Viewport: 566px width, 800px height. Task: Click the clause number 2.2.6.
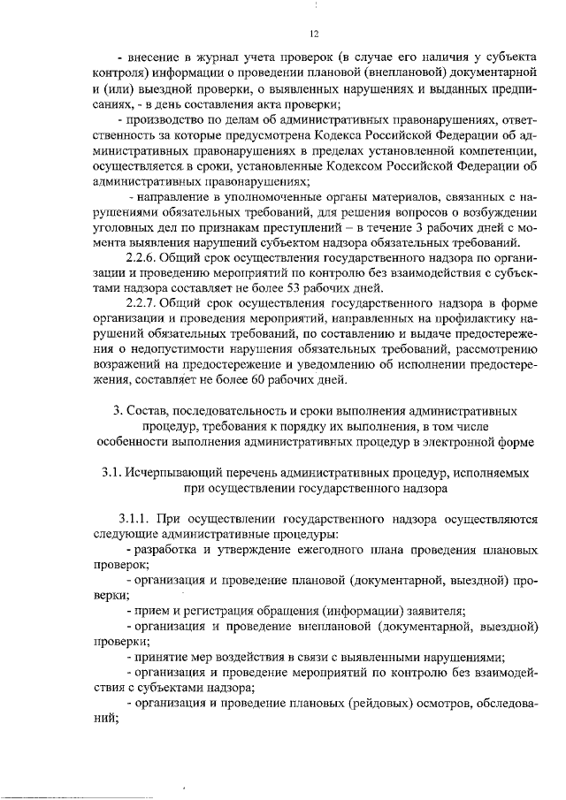(x=141, y=258)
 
